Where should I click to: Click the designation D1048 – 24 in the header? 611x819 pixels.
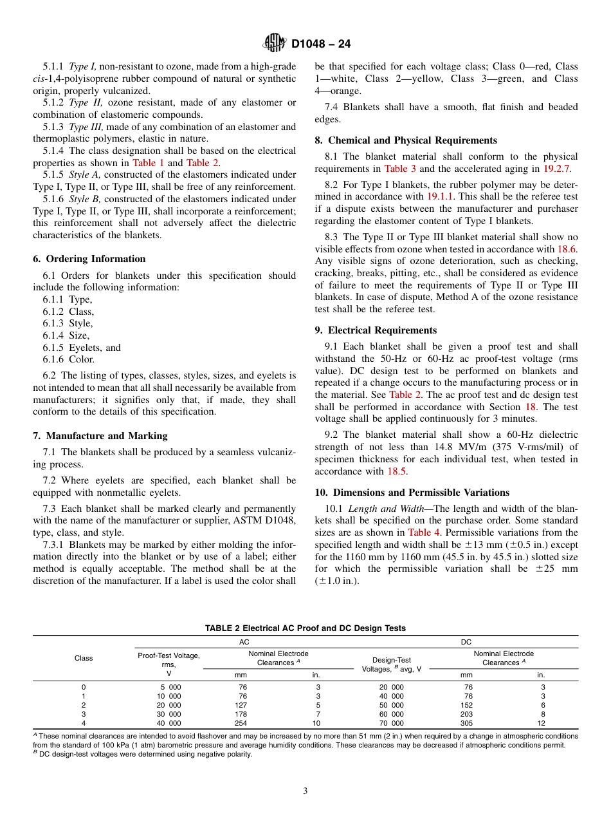point(321,44)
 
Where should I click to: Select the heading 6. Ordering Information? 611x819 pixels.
point(89,259)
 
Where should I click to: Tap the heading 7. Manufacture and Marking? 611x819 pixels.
point(100,436)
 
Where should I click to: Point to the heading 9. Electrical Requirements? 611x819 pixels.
point(376,330)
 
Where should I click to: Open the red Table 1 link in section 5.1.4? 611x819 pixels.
point(148,163)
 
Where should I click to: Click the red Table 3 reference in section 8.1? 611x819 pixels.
point(400,169)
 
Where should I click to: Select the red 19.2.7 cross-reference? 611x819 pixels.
point(556,169)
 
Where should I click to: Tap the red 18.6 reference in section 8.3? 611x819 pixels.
point(567,249)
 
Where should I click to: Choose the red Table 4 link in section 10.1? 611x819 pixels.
point(419,532)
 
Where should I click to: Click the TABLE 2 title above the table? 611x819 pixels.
point(305,628)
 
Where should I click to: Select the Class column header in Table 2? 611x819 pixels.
point(84,658)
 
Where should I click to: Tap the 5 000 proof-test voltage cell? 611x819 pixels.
point(169,687)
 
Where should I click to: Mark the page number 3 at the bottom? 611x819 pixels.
point(305,791)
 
